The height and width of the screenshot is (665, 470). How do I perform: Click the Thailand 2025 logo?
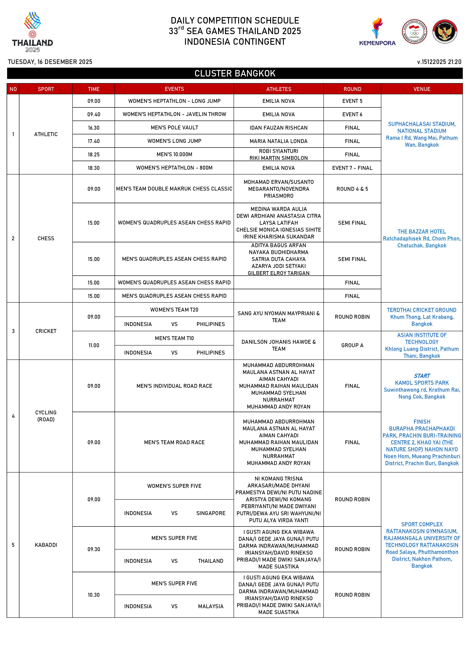tap(32, 32)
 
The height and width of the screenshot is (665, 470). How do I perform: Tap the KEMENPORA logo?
tap(377, 32)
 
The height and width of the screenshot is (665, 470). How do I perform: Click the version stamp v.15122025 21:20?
tap(439, 62)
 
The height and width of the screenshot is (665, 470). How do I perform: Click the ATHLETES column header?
tap(279, 89)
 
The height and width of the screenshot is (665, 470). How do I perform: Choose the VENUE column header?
tap(422, 89)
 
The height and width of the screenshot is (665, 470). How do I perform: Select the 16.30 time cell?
tap(94, 128)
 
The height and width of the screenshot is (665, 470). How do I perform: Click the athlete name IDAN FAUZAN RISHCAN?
tap(279, 128)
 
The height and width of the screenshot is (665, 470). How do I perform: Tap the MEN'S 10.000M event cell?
tap(174, 154)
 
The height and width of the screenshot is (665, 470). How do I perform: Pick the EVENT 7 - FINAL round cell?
tap(352, 168)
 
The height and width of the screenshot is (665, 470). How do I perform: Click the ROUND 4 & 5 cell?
tap(352, 189)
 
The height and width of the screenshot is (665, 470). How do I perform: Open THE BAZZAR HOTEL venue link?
tap(422, 231)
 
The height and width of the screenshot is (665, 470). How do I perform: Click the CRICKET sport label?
tap(46, 331)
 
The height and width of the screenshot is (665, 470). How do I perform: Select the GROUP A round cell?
tap(352, 345)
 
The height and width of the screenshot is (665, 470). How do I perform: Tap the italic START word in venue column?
tap(422, 376)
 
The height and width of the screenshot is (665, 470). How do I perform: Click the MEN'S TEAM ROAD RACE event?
tap(174, 442)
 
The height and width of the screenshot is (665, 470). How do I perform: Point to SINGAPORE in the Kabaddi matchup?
tap(211, 513)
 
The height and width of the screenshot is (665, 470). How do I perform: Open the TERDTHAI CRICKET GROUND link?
tap(422, 310)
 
